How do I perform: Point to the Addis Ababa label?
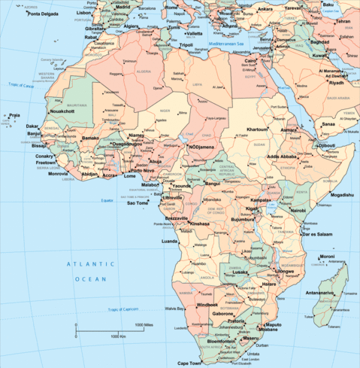[282, 157]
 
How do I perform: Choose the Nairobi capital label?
[298, 211]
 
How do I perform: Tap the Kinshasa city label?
[199, 224]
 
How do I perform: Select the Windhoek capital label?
[207, 305]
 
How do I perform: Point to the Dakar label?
[32, 126]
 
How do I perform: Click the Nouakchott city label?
[62, 111]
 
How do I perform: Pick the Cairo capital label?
[253, 60]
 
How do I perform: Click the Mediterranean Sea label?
[227, 44]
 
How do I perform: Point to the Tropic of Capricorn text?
[124, 309]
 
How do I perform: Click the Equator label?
[107, 200]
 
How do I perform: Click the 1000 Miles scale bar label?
[144, 324]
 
